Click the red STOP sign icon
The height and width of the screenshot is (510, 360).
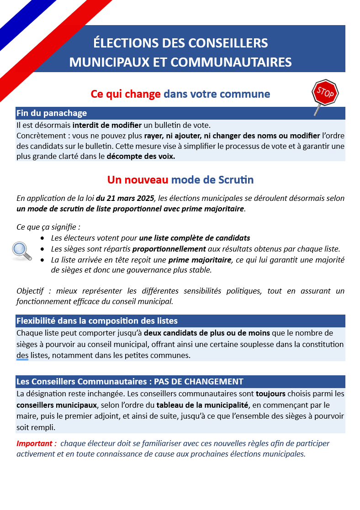pyautogui.click(x=325, y=93)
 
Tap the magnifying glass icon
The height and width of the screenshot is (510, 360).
pyautogui.click(x=21, y=250)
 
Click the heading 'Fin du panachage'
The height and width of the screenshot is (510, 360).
pyautogui.click(x=52, y=113)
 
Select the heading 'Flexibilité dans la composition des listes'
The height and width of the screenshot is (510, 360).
pyautogui.click(x=97, y=321)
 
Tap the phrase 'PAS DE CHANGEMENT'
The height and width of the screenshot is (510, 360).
pyautogui.click(x=199, y=381)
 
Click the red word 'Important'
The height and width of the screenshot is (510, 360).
pyautogui.click(x=36, y=443)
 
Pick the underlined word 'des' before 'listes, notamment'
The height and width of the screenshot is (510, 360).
pyautogui.click(x=22, y=355)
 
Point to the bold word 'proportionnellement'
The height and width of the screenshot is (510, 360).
pyautogui.click(x=169, y=249)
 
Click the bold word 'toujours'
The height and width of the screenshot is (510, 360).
pyautogui.click(x=270, y=394)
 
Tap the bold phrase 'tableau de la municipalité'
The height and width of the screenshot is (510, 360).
pyautogui.click(x=203, y=405)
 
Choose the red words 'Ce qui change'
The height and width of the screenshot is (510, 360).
pyautogui.click(x=126, y=94)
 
